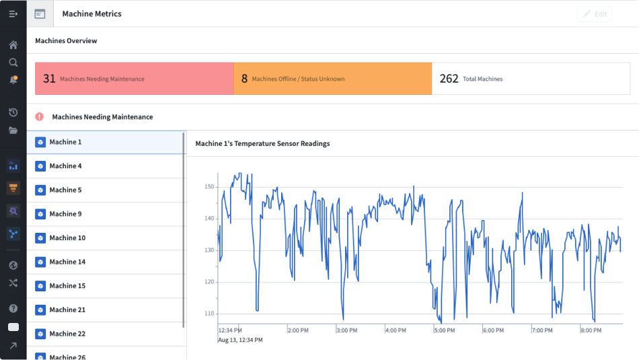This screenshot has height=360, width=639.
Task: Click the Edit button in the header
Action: click(x=595, y=14)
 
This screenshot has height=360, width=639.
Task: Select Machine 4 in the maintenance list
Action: click(x=65, y=166)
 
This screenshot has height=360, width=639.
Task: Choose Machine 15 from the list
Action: click(x=67, y=286)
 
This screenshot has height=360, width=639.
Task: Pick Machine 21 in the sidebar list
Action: click(x=67, y=310)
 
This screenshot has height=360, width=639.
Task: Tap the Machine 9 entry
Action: click(x=65, y=214)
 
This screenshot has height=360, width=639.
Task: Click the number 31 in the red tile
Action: click(x=49, y=78)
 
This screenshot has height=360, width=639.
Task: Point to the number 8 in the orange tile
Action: click(x=245, y=78)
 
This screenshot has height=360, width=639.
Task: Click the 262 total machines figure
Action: click(x=449, y=78)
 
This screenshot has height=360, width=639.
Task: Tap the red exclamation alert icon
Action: click(x=40, y=117)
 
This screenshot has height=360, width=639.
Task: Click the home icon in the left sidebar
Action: click(x=13, y=45)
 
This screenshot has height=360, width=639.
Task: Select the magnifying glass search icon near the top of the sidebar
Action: click(x=13, y=63)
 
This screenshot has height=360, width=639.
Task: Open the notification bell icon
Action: click(x=13, y=79)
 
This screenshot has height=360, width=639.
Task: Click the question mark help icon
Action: click(x=13, y=308)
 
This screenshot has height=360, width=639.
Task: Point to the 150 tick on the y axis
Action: click(x=209, y=186)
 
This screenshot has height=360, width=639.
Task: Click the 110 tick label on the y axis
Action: click(x=209, y=314)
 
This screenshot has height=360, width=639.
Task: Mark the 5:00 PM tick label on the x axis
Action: click(x=445, y=330)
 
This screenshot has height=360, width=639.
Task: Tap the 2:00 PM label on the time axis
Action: click(x=298, y=330)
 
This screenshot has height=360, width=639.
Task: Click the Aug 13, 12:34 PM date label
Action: click(x=240, y=340)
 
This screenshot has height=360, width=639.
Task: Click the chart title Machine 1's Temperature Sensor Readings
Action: click(x=262, y=143)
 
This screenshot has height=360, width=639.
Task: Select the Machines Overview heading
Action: click(x=66, y=41)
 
